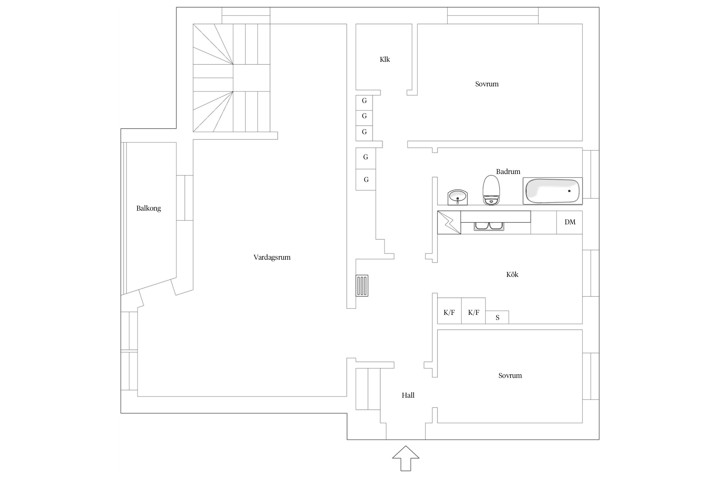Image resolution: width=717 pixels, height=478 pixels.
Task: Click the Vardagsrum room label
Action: point(272,257)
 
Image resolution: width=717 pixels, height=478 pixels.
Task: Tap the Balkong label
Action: point(148,208)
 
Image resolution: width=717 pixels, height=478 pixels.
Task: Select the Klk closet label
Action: point(385,60)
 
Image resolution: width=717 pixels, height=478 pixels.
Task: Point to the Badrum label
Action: point(508,171)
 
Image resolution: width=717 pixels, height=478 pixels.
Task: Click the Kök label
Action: point(512,274)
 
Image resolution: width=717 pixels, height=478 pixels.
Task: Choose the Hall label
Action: point(408,395)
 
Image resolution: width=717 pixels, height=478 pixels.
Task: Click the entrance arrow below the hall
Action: point(406,458)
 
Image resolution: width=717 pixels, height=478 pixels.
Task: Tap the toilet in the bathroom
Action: point(491,190)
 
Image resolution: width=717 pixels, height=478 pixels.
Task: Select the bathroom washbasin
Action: point(458,198)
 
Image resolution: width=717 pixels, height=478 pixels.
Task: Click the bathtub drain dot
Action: point(569,191)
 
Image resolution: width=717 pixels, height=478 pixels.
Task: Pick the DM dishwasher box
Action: point(569,222)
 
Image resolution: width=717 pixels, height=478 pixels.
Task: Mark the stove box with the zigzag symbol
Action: point(449,222)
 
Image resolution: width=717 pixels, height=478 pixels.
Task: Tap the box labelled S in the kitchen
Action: point(497,317)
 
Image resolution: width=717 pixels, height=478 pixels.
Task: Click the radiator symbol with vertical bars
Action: point(362,286)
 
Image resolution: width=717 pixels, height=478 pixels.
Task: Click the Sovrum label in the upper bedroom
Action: point(487,84)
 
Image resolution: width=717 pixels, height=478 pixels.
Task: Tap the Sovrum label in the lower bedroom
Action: point(510,376)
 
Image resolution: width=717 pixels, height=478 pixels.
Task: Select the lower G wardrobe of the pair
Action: point(366,180)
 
